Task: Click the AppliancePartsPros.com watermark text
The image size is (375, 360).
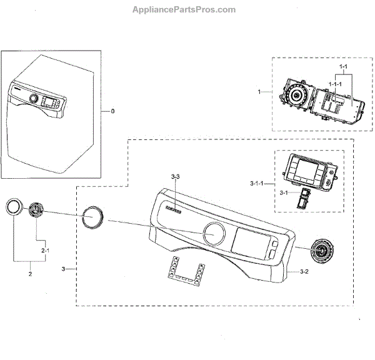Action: pos(184,9)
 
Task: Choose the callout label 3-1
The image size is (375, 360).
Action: pos(284,192)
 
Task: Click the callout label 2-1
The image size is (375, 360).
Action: pos(44,251)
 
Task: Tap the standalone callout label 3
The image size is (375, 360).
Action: pos(64,269)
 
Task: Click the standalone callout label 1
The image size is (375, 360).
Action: pos(259,92)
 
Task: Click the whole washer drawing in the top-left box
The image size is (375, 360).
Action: pos(50,116)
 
